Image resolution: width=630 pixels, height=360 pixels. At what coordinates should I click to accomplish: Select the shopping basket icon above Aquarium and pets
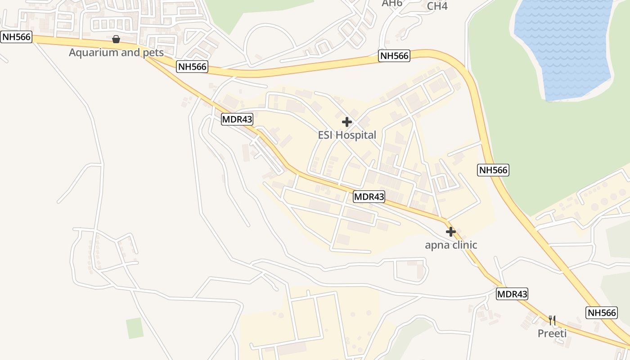[x=116, y=40]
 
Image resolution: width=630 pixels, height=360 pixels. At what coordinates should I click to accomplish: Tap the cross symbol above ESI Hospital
[x=347, y=121]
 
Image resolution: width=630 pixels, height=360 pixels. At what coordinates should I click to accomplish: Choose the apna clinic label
[x=451, y=245]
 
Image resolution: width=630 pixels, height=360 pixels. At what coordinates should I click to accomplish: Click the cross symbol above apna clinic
[x=450, y=232]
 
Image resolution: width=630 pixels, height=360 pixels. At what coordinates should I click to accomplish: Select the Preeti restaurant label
[x=552, y=333]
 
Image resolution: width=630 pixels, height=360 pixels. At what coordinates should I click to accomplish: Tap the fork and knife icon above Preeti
[x=552, y=320]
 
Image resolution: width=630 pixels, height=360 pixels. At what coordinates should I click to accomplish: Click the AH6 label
[x=391, y=4]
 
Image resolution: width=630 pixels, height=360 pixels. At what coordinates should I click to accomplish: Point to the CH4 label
[x=437, y=6]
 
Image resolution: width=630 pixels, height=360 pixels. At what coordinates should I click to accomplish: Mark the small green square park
[x=135, y=328]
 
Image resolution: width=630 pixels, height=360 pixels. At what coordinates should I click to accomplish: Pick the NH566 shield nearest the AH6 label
[x=394, y=56]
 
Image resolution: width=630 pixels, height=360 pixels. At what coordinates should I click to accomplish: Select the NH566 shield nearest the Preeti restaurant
[x=601, y=313]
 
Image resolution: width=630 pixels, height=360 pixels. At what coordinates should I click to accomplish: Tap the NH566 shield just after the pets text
[x=192, y=67]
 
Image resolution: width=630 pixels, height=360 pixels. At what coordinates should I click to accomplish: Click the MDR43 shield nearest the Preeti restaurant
[x=512, y=294]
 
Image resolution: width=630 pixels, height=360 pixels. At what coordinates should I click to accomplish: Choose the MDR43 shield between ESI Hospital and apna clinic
[x=369, y=197]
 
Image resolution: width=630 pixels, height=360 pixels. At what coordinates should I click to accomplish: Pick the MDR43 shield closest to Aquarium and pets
[x=237, y=119]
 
